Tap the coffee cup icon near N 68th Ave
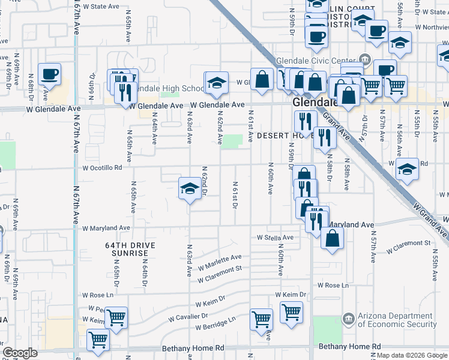pyautogui.click(x=49, y=74)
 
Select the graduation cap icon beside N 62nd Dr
pyautogui.click(x=190, y=189)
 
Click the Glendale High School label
pyautogui.click(x=167, y=88)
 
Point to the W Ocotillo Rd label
pyautogui.click(x=102, y=168)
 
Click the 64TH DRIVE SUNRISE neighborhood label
pyautogui.click(x=129, y=249)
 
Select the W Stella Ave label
pyautogui.click(x=275, y=238)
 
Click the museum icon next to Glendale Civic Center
pyautogui.click(x=364, y=59)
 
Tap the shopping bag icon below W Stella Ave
pyautogui.click(x=332, y=238)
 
